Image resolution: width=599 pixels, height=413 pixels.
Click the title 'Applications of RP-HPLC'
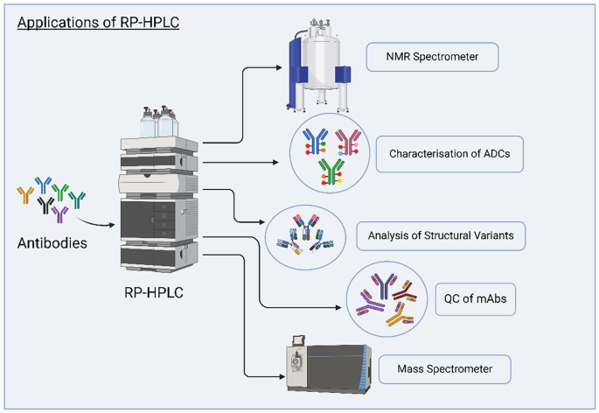pos(98,22)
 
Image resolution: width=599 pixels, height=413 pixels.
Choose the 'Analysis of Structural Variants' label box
pos(441,234)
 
